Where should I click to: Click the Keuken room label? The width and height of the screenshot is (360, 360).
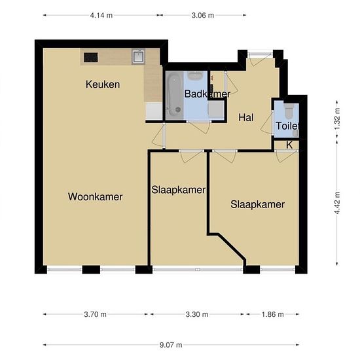(x=103, y=84)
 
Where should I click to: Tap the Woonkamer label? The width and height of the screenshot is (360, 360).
(x=95, y=197)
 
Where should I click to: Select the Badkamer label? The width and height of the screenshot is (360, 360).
(x=207, y=94)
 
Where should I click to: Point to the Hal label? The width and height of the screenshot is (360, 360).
(x=246, y=118)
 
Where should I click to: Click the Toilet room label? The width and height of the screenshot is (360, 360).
(x=287, y=126)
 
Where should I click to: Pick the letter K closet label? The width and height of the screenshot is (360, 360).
(x=289, y=145)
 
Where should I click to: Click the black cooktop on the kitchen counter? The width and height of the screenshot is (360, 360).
(x=91, y=58)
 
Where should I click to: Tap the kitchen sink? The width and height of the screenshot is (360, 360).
(x=138, y=56)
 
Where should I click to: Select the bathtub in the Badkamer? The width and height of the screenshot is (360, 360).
(x=174, y=96)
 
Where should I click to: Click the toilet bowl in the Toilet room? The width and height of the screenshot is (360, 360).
(x=289, y=110)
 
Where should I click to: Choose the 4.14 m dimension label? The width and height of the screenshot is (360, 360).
(x=101, y=16)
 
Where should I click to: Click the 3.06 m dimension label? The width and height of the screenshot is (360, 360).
(x=203, y=16)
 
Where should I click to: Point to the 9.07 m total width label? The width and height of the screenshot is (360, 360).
(x=171, y=344)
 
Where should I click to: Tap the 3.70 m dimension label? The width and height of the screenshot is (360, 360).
(x=95, y=314)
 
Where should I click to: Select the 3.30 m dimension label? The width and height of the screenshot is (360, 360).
(x=197, y=314)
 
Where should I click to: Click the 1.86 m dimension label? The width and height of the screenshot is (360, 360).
(x=272, y=314)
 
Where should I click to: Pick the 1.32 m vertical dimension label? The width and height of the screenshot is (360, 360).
(x=337, y=118)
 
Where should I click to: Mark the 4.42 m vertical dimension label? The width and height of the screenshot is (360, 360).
(x=337, y=203)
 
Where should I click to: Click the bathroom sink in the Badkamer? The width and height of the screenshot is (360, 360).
(x=195, y=75)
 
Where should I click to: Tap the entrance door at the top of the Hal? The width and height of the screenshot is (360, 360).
(x=260, y=54)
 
